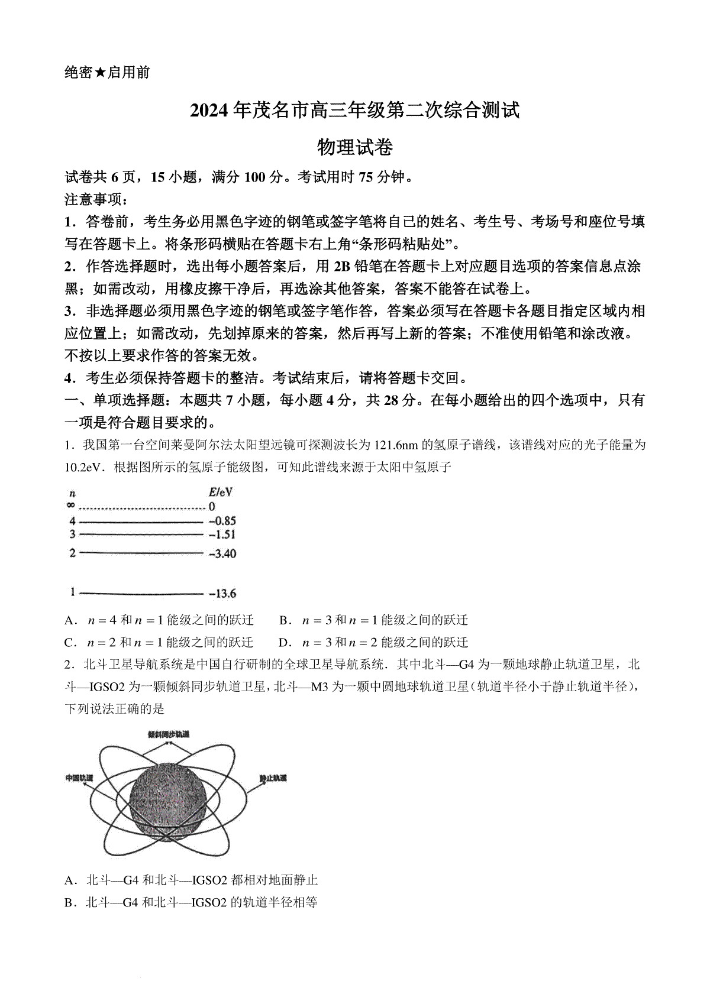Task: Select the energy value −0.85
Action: [x=222, y=521]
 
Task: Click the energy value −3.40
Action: [x=222, y=553]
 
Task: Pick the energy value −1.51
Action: [x=222, y=535]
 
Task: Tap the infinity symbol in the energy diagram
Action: [x=71, y=506]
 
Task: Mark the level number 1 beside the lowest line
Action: [x=72, y=592]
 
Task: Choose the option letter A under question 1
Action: [x=70, y=620]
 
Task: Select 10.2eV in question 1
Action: [x=83, y=467]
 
